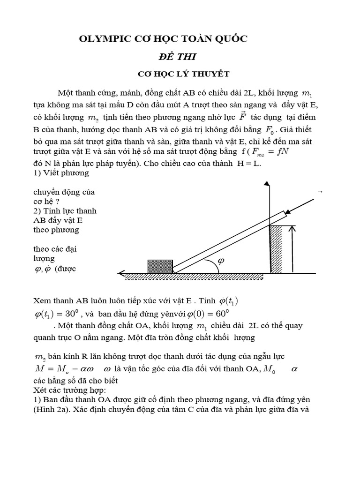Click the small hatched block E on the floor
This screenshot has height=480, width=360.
(160, 266)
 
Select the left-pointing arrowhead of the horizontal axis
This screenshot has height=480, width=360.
(121, 273)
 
